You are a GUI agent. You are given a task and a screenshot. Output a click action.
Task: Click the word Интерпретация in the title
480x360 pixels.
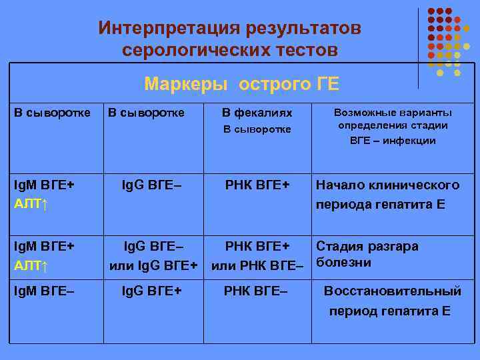169,28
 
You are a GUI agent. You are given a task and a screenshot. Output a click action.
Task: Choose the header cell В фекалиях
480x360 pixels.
257,113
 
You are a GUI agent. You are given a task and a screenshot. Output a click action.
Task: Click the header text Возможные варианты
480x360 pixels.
393,112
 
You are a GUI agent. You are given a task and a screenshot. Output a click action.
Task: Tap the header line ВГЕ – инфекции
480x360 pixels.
393,140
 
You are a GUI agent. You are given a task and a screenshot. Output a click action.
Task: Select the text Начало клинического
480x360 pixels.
387,185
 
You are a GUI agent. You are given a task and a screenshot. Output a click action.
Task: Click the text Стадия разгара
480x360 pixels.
367,246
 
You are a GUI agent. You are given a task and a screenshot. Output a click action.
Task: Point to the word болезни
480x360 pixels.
343,262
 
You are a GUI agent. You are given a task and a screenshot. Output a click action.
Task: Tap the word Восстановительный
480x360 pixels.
393,291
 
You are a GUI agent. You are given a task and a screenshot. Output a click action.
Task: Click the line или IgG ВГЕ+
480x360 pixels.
153,266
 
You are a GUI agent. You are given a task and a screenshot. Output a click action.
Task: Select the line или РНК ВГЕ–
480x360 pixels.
257,266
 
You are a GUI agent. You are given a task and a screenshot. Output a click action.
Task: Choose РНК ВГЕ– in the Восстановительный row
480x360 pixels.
256,291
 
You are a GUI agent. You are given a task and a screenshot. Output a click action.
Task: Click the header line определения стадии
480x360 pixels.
393,125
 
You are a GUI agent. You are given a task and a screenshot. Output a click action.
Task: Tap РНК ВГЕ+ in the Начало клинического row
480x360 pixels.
257,185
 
